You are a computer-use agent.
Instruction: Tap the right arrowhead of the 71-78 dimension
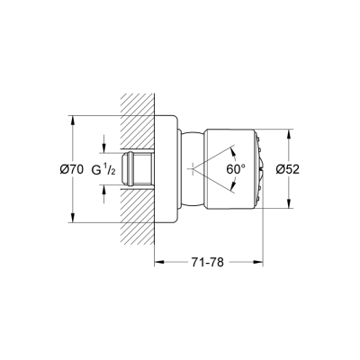pos(260,263)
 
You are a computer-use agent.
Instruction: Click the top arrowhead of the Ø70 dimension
pos(70,118)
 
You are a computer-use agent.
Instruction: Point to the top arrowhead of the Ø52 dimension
pos(289,131)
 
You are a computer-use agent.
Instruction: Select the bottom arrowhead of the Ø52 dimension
pos(289,207)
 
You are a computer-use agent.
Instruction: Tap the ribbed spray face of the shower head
pos(259,169)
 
